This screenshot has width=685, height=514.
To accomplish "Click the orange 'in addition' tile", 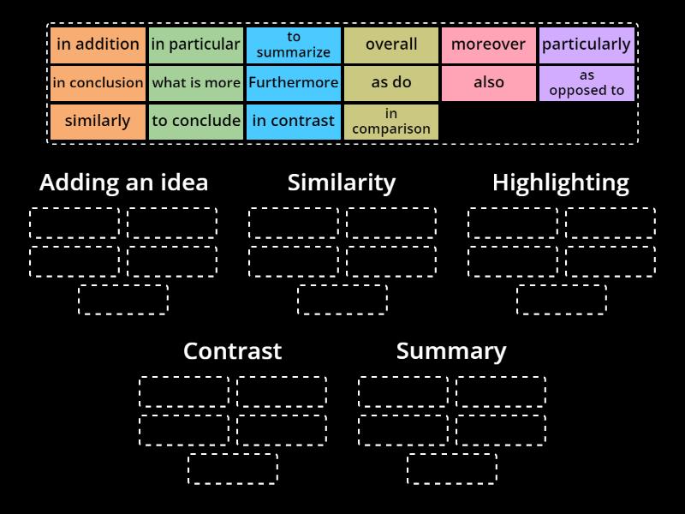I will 98,45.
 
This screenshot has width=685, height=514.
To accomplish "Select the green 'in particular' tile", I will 195,45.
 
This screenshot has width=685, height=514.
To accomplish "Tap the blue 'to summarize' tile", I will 294,45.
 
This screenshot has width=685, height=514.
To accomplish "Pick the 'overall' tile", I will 391,45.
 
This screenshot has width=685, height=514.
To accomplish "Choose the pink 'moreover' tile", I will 489,45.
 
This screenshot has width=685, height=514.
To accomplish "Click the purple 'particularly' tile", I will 587,45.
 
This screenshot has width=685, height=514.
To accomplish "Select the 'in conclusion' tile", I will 98,83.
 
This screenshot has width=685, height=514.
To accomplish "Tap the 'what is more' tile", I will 195,83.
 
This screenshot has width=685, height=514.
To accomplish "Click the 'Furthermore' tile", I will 294,83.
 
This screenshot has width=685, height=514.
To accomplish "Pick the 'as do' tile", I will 391,83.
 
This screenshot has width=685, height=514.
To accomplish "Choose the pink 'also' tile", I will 489,83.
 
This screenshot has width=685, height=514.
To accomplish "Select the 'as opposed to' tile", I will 587,83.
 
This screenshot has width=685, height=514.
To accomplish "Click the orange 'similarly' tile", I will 98,121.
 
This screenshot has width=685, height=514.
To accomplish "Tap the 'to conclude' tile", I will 195,121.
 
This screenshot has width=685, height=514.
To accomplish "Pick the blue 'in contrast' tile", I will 294,121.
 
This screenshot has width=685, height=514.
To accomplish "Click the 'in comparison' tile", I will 391,121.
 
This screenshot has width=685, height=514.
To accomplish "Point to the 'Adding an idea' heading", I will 123,182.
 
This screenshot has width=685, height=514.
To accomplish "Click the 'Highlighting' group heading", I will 561,182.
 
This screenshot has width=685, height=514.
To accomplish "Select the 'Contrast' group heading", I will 232,351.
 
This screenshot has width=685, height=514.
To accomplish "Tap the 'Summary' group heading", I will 451,351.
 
